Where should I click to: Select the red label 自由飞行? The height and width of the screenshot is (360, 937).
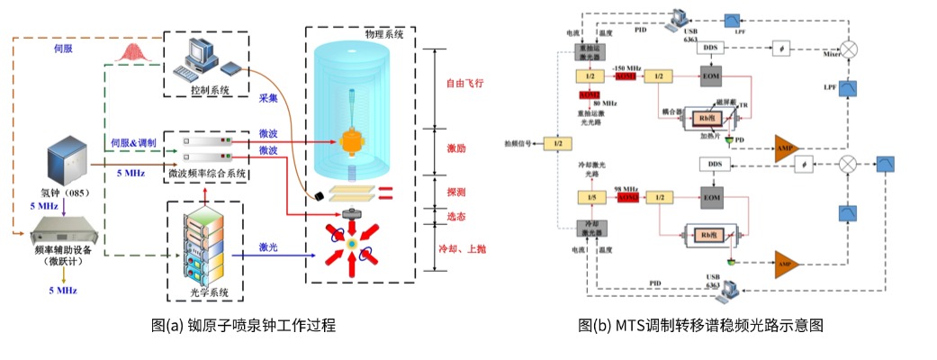pos(465,84)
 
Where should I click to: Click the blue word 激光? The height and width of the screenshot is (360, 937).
pos(267,247)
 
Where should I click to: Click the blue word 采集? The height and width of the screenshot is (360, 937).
pos(267,97)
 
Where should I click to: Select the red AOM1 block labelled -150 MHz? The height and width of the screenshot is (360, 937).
pos(626,76)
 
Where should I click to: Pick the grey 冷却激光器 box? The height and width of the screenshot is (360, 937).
pos(590,227)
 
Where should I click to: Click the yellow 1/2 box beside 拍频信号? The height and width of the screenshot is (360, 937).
pos(559,143)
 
